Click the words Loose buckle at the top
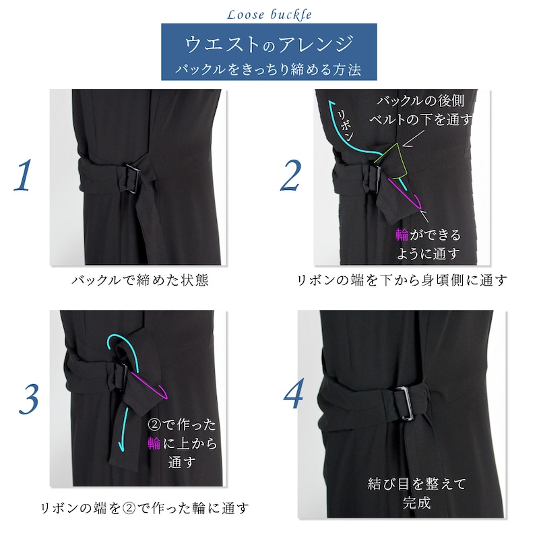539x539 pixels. (x=269, y=15)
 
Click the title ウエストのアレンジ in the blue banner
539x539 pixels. (x=269, y=44)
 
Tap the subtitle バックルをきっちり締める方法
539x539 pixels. (x=268, y=69)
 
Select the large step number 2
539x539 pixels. (x=291, y=175)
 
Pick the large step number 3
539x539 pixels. (x=28, y=399)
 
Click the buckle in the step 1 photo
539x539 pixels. (x=131, y=178)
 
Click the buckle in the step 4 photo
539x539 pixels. (x=403, y=403)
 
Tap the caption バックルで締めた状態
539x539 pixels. (x=140, y=280)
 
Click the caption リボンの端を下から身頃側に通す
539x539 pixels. (x=402, y=280)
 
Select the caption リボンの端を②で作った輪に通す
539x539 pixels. (x=144, y=508)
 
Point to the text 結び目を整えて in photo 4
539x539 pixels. (x=416, y=484)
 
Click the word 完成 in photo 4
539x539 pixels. (x=416, y=503)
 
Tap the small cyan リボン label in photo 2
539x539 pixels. (x=345, y=126)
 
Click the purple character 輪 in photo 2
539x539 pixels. (x=402, y=234)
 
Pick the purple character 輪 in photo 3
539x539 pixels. (x=154, y=443)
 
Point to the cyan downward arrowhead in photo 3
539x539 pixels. (x=121, y=446)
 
